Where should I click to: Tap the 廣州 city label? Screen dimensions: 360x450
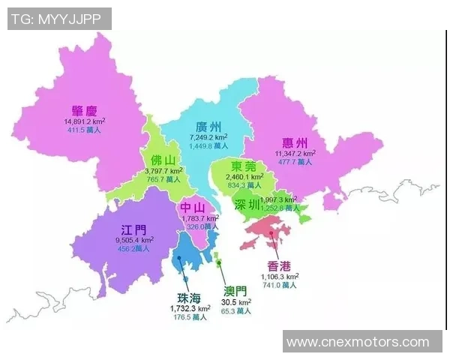(208, 127)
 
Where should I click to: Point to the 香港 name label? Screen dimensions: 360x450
(280, 265)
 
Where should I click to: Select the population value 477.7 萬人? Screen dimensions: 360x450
(295, 162)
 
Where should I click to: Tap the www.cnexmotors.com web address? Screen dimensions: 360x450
(358, 342)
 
